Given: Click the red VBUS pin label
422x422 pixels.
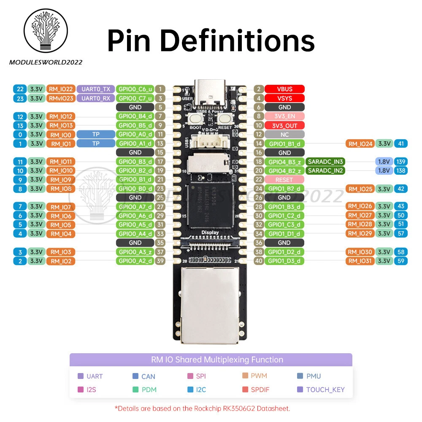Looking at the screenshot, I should pyautogui.click(x=284, y=89).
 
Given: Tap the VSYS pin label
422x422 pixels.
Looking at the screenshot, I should pyautogui.click(x=284, y=98).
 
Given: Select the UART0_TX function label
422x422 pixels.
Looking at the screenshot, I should pyautogui.click(x=95, y=89).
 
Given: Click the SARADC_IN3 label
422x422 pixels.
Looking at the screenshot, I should pyautogui.click(x=326, y=162).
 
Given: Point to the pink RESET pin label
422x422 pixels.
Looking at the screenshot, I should pyautogui.click(x=284, y=180).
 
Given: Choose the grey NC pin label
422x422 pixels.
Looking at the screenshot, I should pyautogui.click(x=284, y=135).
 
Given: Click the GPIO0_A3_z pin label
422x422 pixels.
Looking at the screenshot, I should pyautogui.click(x=135, y=252).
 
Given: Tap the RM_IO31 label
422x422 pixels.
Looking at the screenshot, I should pyautogui.click(x=360, y=261).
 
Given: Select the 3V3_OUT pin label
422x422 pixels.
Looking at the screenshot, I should pyautogui.click(x=284, y=125).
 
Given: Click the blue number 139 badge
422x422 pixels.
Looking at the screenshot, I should pyautogui.click(x=401, y=162).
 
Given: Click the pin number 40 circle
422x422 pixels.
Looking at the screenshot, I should pyautogui.click(x=259, y=261).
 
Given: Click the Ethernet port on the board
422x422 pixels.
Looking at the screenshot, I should pyautogui.click(x=210, y=304).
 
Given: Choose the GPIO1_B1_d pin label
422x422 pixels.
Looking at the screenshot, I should pyautogui.click(x=284, y=144).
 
